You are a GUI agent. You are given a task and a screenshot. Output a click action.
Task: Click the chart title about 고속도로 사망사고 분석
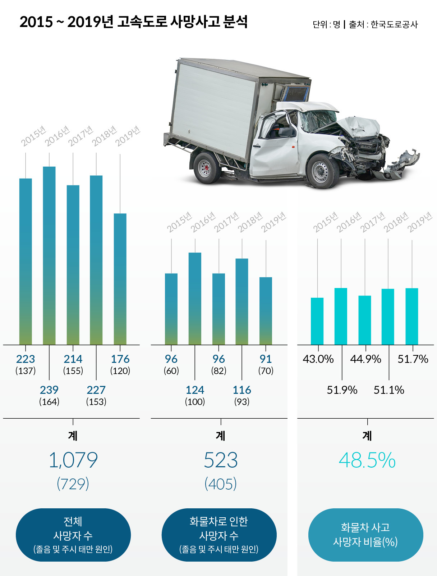(x=133, y=22)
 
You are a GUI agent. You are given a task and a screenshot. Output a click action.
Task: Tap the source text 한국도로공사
(x=394, y=24)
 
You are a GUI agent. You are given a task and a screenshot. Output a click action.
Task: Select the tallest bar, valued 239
(x=49, y=256)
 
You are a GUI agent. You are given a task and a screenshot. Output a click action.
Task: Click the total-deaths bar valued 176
(x=120, y=279)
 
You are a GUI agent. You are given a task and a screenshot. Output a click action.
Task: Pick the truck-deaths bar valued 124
(x=195, y=299)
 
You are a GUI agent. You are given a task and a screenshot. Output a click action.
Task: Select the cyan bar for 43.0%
(x=317, y=321)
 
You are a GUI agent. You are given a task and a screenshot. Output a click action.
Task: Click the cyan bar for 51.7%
(x=411, y=316)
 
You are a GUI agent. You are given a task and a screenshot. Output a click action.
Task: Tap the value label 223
(x=26, y=359)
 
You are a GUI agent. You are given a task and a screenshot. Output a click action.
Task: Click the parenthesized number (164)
(x=49, y=402)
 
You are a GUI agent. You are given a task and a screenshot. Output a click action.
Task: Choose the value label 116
(x=242, y=390)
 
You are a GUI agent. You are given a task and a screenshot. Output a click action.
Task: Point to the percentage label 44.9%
(x=365, y=359)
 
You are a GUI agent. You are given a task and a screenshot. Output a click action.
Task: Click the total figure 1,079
(x=73, y=460)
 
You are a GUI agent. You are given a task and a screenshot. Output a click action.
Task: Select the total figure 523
(x=221, y=460)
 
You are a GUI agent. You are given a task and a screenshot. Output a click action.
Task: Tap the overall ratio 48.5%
(x=367, y=460)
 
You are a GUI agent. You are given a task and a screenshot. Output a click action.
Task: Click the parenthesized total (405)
(x=221, y=484)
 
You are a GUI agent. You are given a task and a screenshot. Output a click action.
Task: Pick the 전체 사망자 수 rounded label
(x=73, y=535)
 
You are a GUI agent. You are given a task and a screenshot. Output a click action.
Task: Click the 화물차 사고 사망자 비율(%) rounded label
(x=365, y=535)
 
